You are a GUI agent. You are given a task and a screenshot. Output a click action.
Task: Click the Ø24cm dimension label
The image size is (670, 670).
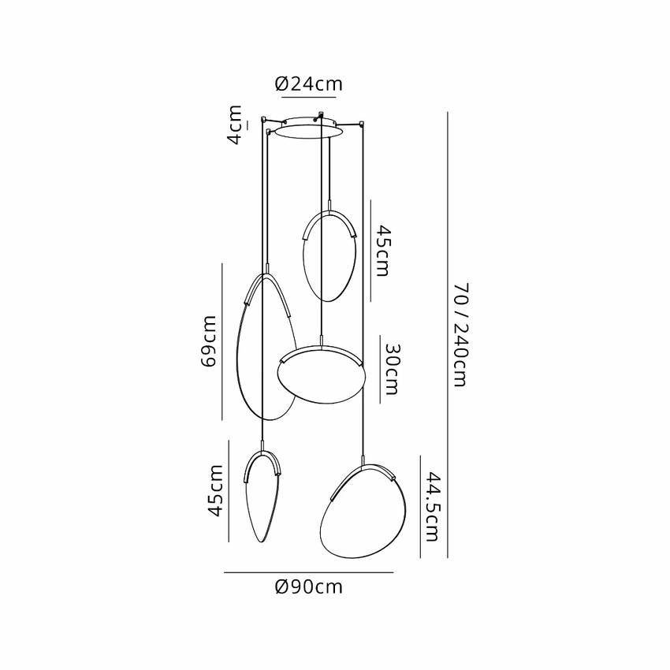coord(308,84)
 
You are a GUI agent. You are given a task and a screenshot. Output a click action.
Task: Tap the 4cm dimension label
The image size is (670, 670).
coord(235,125)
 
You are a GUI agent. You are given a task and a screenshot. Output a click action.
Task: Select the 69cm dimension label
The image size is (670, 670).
coord(209,341)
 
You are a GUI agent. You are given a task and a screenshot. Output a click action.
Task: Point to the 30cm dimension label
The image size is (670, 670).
coord(392,369)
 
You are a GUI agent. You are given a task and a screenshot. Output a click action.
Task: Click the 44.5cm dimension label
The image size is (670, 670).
coord(432,507)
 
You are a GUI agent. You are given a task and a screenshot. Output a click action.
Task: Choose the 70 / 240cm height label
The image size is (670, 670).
coord(461,335)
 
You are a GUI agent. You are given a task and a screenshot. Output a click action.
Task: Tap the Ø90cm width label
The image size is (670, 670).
coord(308,586)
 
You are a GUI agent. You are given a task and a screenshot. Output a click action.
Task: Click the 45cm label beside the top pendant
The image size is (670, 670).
coord(382,251)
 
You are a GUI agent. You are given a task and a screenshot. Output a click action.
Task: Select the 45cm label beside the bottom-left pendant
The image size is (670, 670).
coord(215,491)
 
